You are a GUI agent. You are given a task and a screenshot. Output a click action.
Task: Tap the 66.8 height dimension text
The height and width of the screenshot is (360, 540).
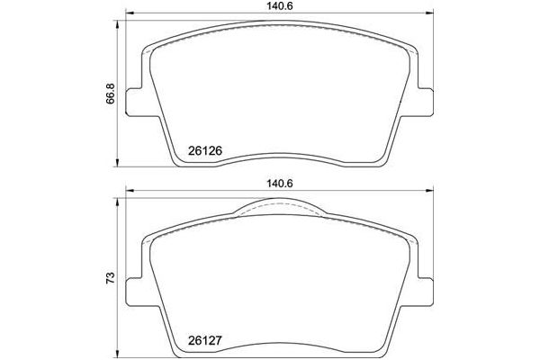point(111,93)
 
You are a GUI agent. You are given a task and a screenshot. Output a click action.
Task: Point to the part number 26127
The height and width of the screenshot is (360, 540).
point(206,341)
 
